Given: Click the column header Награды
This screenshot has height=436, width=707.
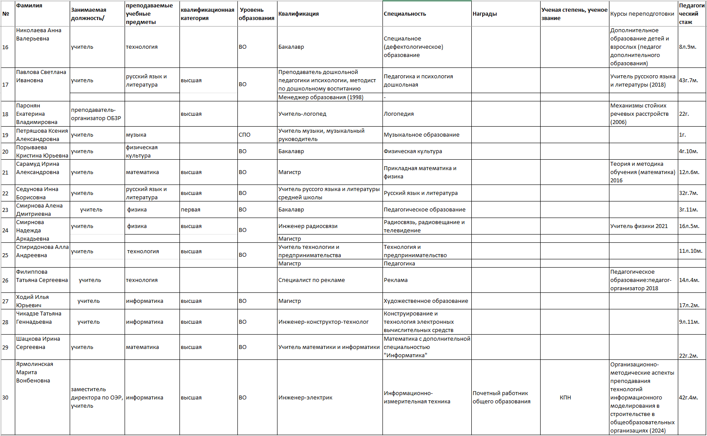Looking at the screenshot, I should (x=484, y=14).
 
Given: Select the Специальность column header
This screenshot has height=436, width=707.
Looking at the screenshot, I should (x=405, y=14).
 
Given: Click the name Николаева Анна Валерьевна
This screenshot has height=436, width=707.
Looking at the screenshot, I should (x=39, y=35).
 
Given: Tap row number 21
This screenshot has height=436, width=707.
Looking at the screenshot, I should (x=6, y=172).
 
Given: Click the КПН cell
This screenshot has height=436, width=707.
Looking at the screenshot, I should (x=565, y=397).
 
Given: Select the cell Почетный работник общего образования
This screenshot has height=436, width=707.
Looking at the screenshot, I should (x=501, y=397).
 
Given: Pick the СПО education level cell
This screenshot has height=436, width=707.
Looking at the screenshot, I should (x=244, y=135).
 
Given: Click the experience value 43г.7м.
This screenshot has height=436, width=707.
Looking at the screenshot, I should (x=688, y=80).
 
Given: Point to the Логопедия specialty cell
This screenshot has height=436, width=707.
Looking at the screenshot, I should (x=399, y=114).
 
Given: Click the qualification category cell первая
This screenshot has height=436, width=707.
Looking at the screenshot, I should (x=190, y=210).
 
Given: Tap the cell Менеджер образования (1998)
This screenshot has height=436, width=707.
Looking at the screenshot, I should (x=321, y=97).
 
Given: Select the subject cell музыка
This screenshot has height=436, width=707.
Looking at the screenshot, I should (x=136, y=135).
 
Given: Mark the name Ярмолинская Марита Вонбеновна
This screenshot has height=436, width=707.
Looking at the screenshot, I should (x=34, y=372).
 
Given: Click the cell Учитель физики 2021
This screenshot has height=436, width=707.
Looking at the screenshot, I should (x=639, y=226).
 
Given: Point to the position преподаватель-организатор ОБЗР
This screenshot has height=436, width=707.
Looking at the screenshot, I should (x=96, y=114).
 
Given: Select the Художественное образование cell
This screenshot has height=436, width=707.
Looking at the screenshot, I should (x=426, y=301).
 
